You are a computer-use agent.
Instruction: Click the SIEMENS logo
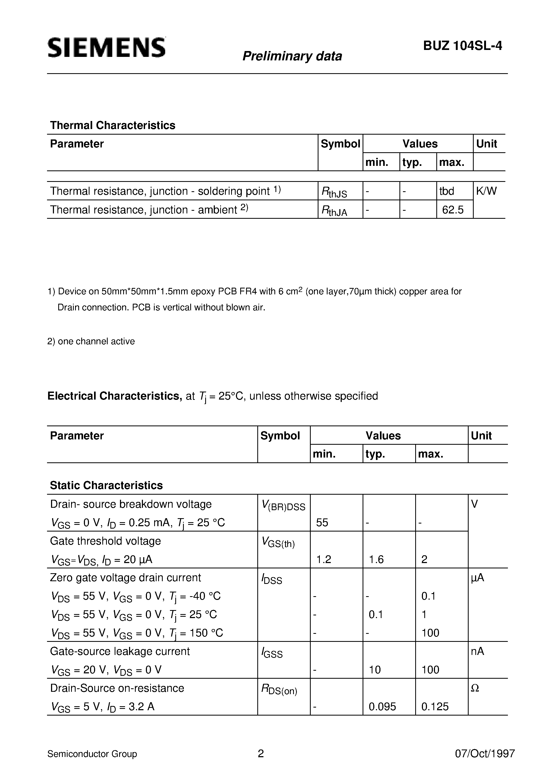point(107,48)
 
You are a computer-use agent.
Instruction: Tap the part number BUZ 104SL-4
point(462,46)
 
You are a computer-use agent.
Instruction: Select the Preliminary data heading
point(292,56)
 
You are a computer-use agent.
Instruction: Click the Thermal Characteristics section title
point(113,126)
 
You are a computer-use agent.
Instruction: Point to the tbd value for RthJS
point(446,191)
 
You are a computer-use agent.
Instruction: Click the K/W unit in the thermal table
point(486,191)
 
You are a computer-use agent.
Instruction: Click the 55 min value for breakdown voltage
point(322,522)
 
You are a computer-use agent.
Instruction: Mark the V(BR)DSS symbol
point(283,506)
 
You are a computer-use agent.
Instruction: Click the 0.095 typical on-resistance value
point(382,707)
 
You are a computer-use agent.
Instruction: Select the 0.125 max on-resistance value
point(435,707)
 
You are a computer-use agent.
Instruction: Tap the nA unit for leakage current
point(477,651)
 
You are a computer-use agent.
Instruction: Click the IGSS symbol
point(272,653)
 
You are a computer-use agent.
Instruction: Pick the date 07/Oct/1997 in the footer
point(485,754)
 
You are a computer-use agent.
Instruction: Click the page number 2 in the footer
point(261,754)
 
